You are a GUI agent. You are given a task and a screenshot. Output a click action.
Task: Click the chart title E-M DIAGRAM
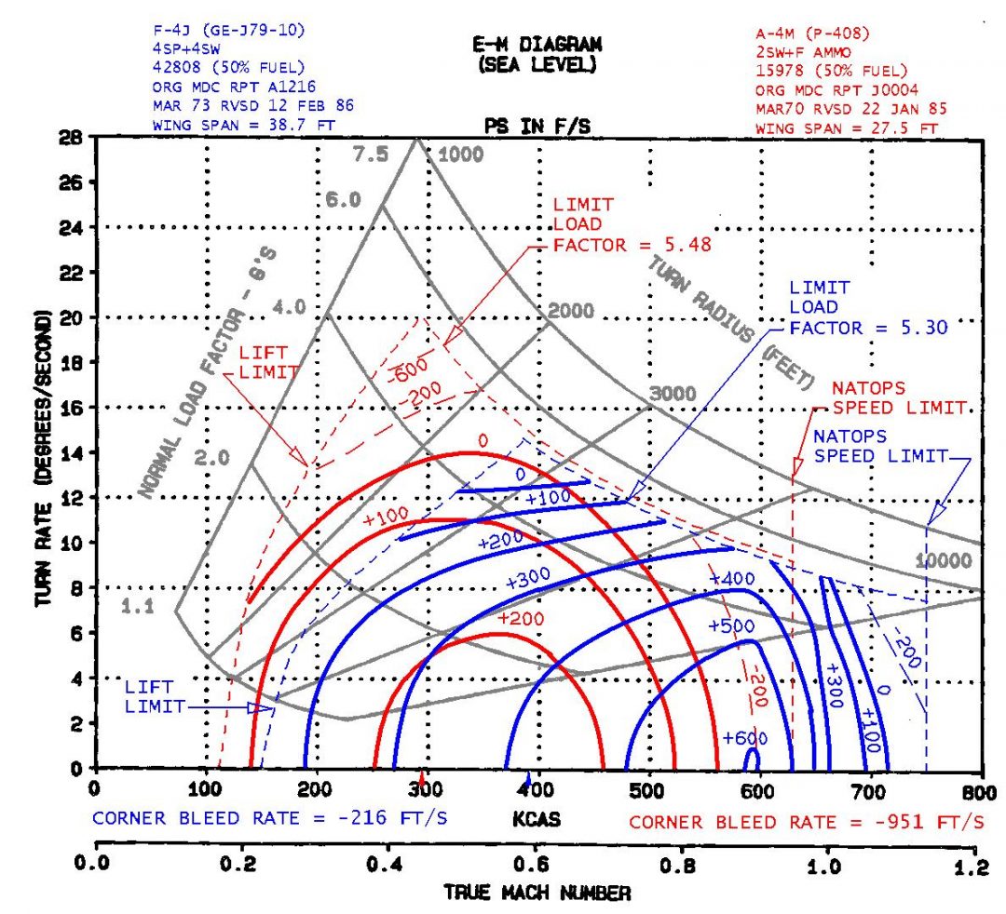[537, 44]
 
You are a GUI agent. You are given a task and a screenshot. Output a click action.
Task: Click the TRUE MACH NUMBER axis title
[537, 894]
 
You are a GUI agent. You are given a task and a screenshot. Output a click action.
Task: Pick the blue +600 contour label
[744, 738]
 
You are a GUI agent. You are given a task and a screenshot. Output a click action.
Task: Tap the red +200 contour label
[521, 618]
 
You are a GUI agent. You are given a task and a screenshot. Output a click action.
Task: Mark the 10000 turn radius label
[945, 560]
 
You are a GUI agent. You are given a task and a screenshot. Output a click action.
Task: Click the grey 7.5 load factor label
[370, 155]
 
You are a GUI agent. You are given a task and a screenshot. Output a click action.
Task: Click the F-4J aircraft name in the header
[174, 30]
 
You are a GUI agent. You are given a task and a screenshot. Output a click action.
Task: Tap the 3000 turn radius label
[673, 394]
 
